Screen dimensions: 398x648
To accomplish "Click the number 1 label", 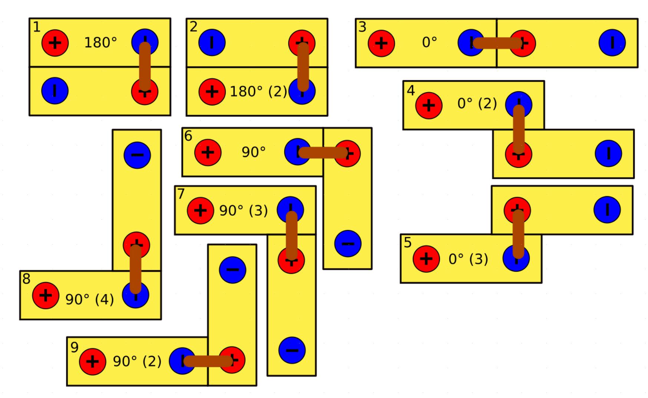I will [36, 27].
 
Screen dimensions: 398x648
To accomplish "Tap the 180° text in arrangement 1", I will [101, 43].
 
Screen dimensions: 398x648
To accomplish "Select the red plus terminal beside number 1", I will [55, 43].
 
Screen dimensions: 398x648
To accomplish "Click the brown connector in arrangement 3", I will [497, 43].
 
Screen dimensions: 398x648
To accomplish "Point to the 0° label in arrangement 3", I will [430, 43].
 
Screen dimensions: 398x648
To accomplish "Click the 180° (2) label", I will [259, 91].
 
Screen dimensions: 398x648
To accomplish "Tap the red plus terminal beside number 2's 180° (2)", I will [212, 91].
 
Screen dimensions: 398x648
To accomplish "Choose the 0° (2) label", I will [477, 103].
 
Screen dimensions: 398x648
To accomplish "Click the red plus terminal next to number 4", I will [428, 105].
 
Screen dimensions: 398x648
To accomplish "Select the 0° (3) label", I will [468, 259].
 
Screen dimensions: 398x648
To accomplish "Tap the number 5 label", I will [408, 243].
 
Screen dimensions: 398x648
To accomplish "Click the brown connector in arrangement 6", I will [323, 153].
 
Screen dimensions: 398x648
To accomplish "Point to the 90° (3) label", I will [243, 211].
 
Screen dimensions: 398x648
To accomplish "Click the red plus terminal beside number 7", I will [200, 211].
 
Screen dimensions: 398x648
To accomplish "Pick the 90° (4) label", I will [89, 299].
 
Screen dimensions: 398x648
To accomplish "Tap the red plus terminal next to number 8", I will [45, 295].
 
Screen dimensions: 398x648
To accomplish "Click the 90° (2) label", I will [137, 361].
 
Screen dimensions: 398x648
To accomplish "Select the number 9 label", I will [75, 348].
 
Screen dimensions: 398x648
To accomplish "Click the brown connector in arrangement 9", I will [208, 361].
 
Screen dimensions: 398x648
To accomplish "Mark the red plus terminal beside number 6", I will [208, 152].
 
